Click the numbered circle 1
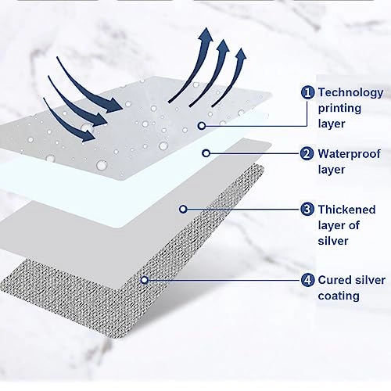tap(307, 92)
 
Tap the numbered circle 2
tap(307, 153)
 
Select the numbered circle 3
tap(307, 209)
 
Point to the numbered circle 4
tap(307, 280)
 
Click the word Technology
tap(350, 93)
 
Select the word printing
tap(339, 109)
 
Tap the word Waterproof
tap(349, 154)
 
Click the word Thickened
tap(346, 210)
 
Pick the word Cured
tap(333, 280)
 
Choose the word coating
tap(339, 296)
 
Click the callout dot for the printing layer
tap(202, 126)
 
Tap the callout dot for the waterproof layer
tap(206, 153)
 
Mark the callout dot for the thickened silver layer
tap(183, 209)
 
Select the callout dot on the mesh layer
tap(145, 280)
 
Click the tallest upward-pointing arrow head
tap(206, 34)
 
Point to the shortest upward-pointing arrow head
tap(241, 55)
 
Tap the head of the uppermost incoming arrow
tap(115, 105)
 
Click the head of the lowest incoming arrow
tap(88, 135)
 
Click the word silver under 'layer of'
tap(333, 241)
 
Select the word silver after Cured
tap(368, 280)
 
